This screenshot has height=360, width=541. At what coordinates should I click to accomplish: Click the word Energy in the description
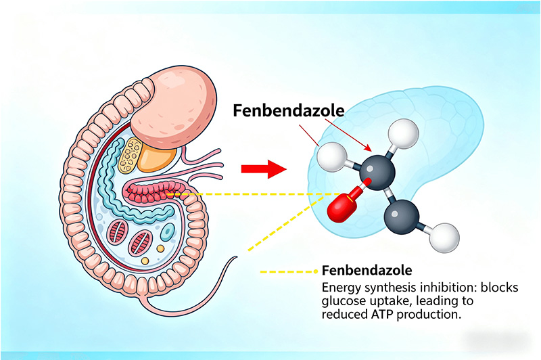click(x=339, y=288)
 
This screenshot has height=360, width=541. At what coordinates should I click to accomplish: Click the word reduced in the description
click(x=343, y=316)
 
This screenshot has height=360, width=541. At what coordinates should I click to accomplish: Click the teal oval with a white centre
click(x=166, y=233)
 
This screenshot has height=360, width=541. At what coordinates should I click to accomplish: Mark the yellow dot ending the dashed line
click(x=315, y=271)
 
